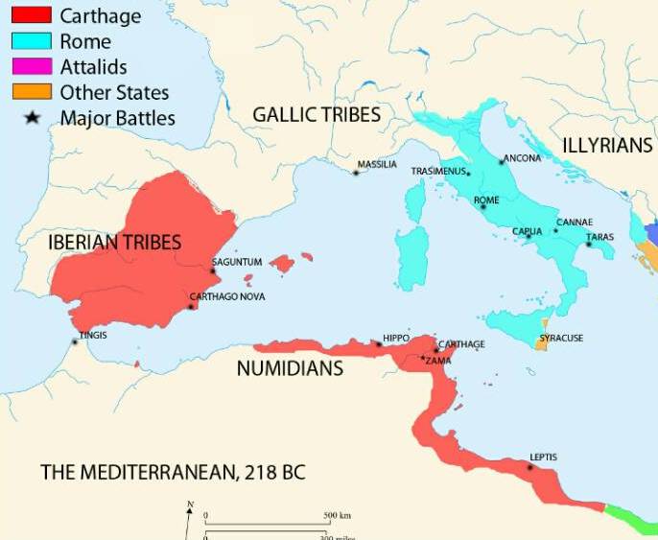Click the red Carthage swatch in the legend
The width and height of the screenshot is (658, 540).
32,16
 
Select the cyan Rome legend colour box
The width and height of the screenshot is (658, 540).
32,42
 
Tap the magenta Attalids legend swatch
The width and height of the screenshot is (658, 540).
32,67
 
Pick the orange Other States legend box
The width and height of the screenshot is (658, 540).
32,93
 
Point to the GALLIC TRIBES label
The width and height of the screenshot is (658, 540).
317,115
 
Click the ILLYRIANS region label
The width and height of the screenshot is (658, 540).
607,146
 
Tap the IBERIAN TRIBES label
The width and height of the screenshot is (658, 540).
114,243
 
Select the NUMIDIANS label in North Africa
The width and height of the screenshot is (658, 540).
290,367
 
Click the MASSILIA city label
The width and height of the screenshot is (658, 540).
377,165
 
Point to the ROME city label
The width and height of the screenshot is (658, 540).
487,200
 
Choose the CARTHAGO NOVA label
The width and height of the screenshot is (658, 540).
227,296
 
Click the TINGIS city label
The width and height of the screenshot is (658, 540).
93,335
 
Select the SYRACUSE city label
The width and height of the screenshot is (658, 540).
561,338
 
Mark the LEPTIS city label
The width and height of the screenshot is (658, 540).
543,457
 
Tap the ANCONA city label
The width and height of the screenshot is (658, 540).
523,158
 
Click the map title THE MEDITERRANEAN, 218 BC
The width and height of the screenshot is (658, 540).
173,473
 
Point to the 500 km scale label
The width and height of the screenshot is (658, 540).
337,516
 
